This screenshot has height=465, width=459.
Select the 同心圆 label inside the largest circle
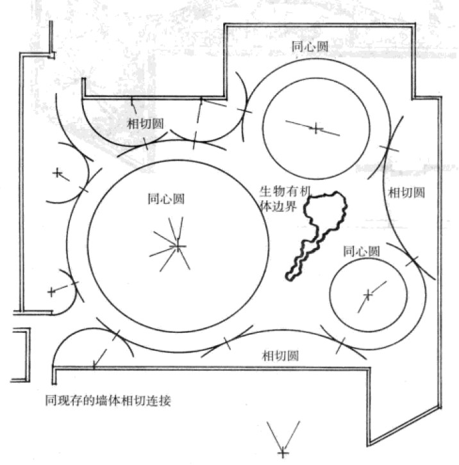coord(166,198)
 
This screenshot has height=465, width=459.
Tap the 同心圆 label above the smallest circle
coord(362,251)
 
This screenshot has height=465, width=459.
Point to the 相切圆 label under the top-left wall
coord(146,122)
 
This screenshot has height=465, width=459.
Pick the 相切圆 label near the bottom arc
coord(280,355)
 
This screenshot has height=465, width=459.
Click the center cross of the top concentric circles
coord(315,129)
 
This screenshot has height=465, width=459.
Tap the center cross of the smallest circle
coord(367,294)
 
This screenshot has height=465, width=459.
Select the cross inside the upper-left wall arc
coord(57,173)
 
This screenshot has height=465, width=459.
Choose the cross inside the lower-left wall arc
coord(51,291)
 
